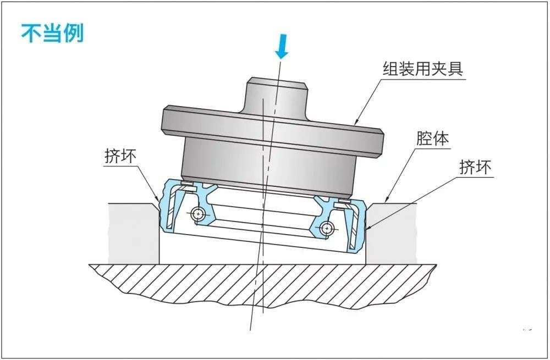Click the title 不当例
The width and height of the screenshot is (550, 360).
[52, 33]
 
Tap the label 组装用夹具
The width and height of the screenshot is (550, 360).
[422, 69]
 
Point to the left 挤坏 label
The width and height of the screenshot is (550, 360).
[120, 156]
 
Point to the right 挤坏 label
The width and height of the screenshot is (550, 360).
[476, 167]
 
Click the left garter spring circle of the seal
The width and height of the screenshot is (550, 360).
[197, 213]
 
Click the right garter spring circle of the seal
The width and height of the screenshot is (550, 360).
[328, 226]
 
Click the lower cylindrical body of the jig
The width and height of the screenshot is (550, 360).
[267, 165]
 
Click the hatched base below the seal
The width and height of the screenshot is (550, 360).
[264, 283]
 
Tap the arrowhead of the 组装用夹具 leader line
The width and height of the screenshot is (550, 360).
[356, 122]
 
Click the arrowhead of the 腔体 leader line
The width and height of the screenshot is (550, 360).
[385, 202]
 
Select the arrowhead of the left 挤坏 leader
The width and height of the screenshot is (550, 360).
[159, 200]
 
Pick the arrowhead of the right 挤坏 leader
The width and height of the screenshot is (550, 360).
[365, 228]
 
